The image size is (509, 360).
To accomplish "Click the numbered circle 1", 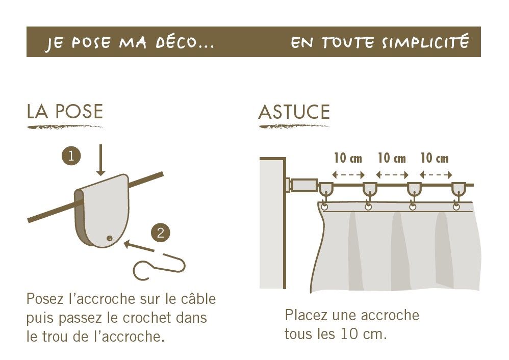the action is pos(71,156).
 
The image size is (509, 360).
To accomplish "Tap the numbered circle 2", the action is pos(160,233).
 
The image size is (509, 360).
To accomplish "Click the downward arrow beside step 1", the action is pos(100,160).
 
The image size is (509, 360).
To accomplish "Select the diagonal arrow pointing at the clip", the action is pos(139,246).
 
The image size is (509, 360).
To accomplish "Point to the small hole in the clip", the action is pos(110,239).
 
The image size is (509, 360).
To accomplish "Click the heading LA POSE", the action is pos(65,111).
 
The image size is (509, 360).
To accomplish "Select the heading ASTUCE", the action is pos(294,112).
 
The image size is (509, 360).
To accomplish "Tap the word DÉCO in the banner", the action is pos(177,42).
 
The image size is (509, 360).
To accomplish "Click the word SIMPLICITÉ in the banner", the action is pos(425,41).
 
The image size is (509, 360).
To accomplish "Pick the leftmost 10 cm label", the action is pos(348,158).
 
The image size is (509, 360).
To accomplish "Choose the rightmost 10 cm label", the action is pos(435,158).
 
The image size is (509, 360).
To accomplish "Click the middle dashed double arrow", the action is pos(392,175).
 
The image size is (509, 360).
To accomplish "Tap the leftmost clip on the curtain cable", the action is pos(325,189).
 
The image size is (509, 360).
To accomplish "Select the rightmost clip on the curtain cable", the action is pos(459,189).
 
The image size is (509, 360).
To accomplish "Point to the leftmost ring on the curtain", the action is pos(324,207).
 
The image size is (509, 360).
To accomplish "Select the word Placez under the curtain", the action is pos(306,315).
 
